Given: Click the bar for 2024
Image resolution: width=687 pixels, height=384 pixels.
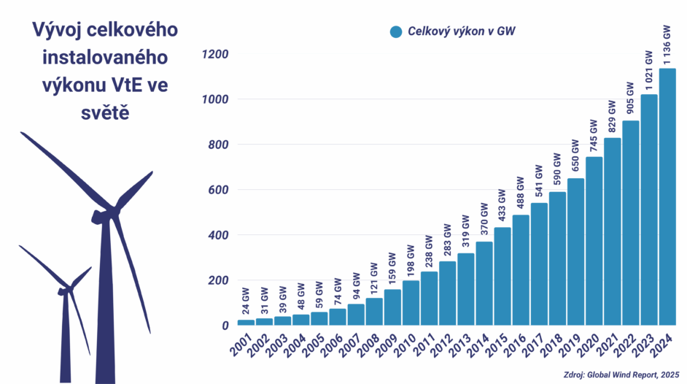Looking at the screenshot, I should coord(667,197).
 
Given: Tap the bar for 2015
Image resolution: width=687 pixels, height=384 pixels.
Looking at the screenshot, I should coord(502,277).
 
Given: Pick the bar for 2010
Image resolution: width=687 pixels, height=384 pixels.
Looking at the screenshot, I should coord(411,303).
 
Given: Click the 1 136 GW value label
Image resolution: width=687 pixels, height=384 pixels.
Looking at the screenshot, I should coord(667,45).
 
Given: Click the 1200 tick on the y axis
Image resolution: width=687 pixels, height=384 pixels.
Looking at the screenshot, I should coord(215,55).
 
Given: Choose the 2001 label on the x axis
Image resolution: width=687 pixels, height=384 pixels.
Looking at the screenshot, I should coord(242,348).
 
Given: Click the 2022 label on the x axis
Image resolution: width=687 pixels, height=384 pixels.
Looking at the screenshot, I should coord(626,348).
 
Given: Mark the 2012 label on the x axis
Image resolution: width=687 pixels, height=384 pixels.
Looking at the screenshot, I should coord(443,348).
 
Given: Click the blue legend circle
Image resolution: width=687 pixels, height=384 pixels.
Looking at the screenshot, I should coord(396,31).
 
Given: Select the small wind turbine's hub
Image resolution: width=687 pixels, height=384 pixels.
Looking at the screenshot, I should coord(63,291).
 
